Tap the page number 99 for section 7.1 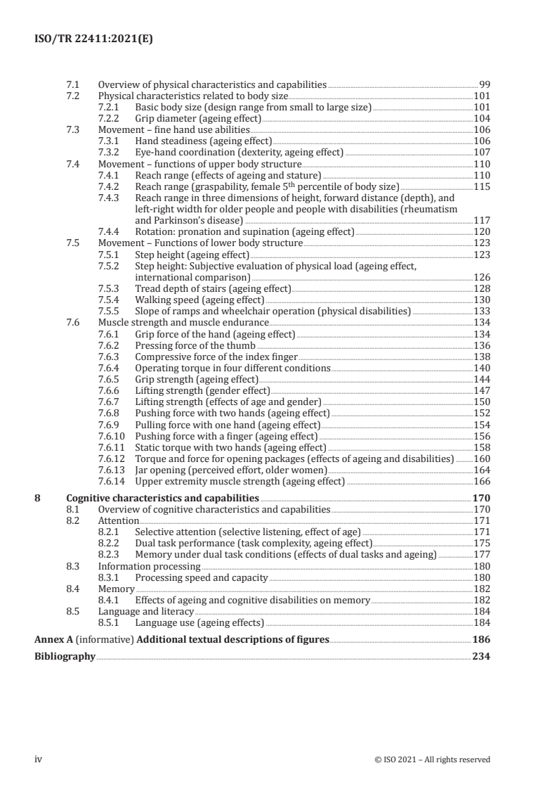pos(484,85)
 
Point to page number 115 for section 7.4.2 pos(482,186)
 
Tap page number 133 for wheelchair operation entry pos(482,311)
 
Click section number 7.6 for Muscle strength pos(72,322)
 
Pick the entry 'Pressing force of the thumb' pos(195,345)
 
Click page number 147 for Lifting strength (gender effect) pos(482,390)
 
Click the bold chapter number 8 pos(38,498)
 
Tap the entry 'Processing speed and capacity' pos(201,577)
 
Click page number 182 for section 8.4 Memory pos(482,589)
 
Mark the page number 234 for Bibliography pos(481,656)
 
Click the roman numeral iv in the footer pos(39,759)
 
